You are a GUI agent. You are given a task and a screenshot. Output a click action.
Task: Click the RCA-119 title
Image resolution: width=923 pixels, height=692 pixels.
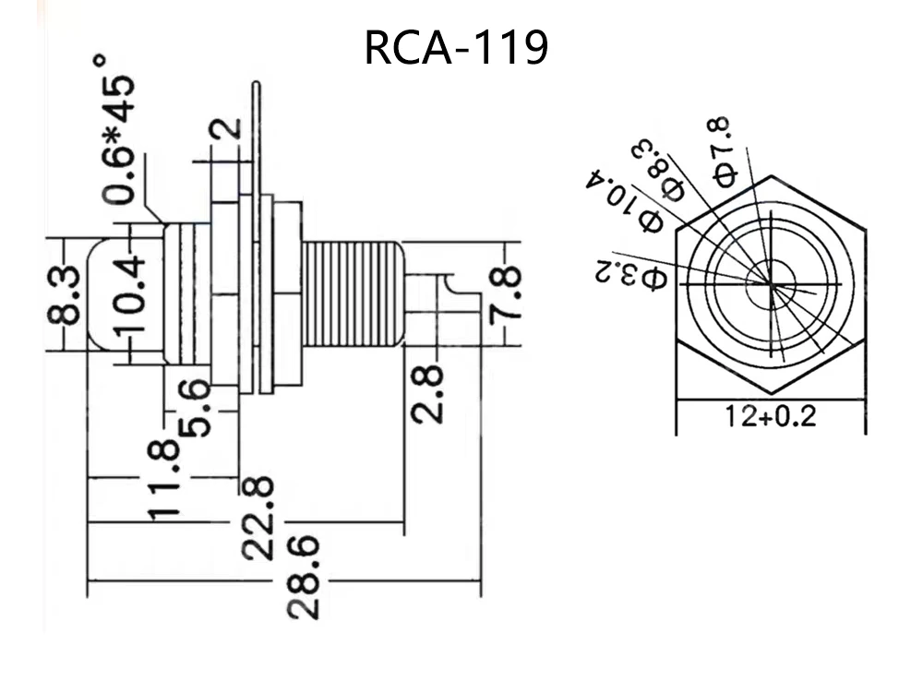pos(456,49)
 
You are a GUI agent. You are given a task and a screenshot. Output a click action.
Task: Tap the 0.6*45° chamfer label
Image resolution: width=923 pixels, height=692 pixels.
pos(118,129)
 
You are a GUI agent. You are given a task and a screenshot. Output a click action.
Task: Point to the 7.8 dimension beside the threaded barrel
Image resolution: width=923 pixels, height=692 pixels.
pos(507,294)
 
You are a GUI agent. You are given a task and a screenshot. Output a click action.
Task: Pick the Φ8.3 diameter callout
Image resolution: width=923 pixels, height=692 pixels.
pos(664,169)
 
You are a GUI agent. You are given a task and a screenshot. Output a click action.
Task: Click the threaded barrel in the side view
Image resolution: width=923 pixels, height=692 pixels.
pos(351,294)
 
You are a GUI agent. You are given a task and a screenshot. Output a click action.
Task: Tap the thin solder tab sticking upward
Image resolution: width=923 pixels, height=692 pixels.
pos(256,129)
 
